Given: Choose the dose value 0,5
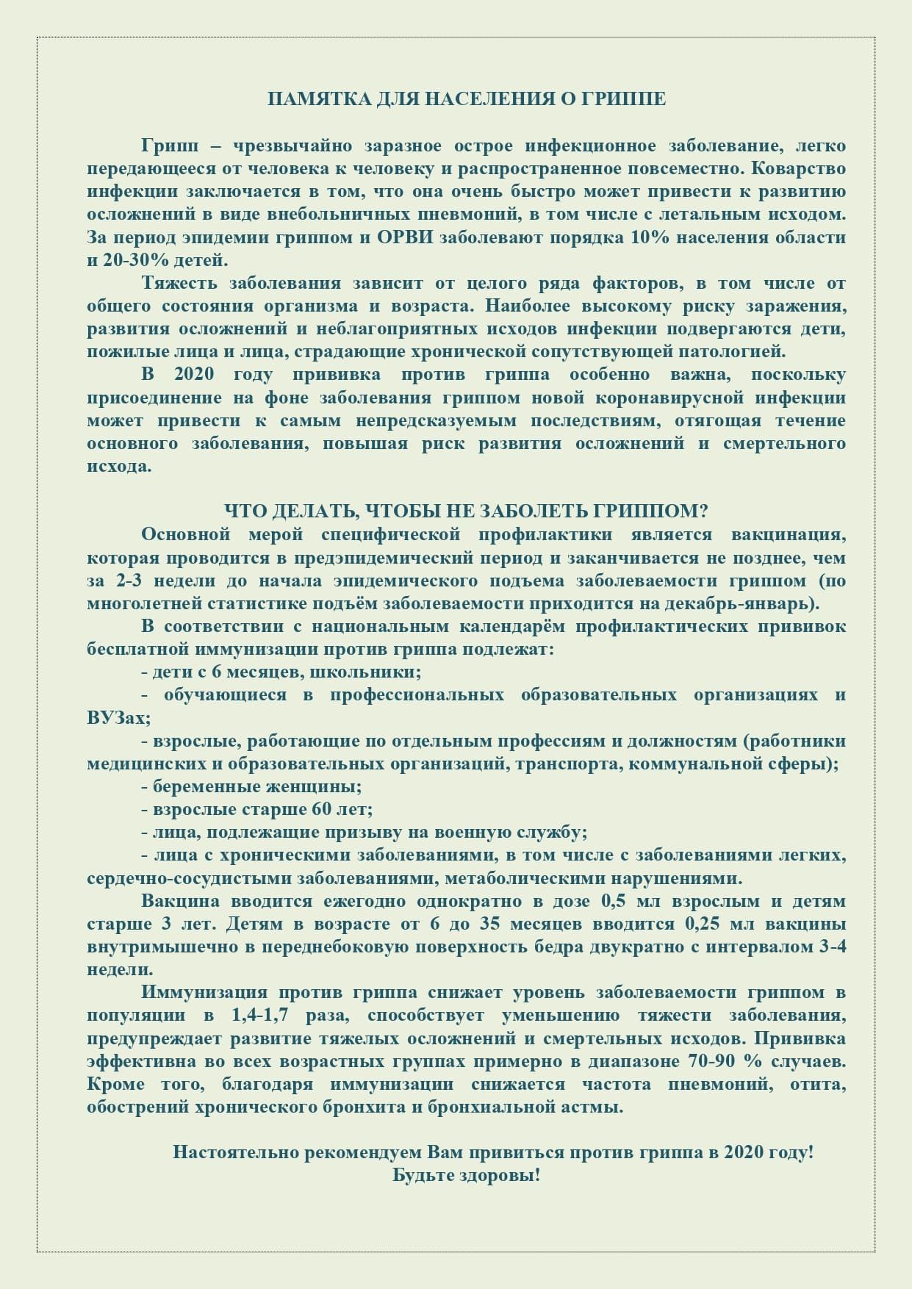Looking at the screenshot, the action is click(x=614, y=901).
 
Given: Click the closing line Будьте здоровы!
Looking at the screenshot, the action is click(x=467, y=1175).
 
